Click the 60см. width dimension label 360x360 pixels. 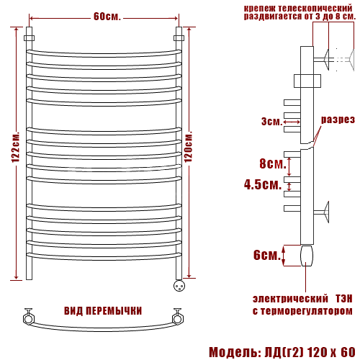click(x=107, y=17)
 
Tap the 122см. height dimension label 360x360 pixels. click(x=16, y=147)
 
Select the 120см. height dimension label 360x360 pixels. click(x=189, y=147)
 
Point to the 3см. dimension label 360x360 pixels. click(x=271, y=122)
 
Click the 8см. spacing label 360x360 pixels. click(x=273, y=163)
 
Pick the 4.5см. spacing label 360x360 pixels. click(x=263, y=184)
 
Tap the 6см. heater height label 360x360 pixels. click(x=267, y=255)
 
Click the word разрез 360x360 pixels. click(x=338, y=120)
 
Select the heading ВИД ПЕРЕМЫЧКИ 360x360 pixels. click(x=103, y=311)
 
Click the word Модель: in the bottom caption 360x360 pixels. click(x=235, y=352)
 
